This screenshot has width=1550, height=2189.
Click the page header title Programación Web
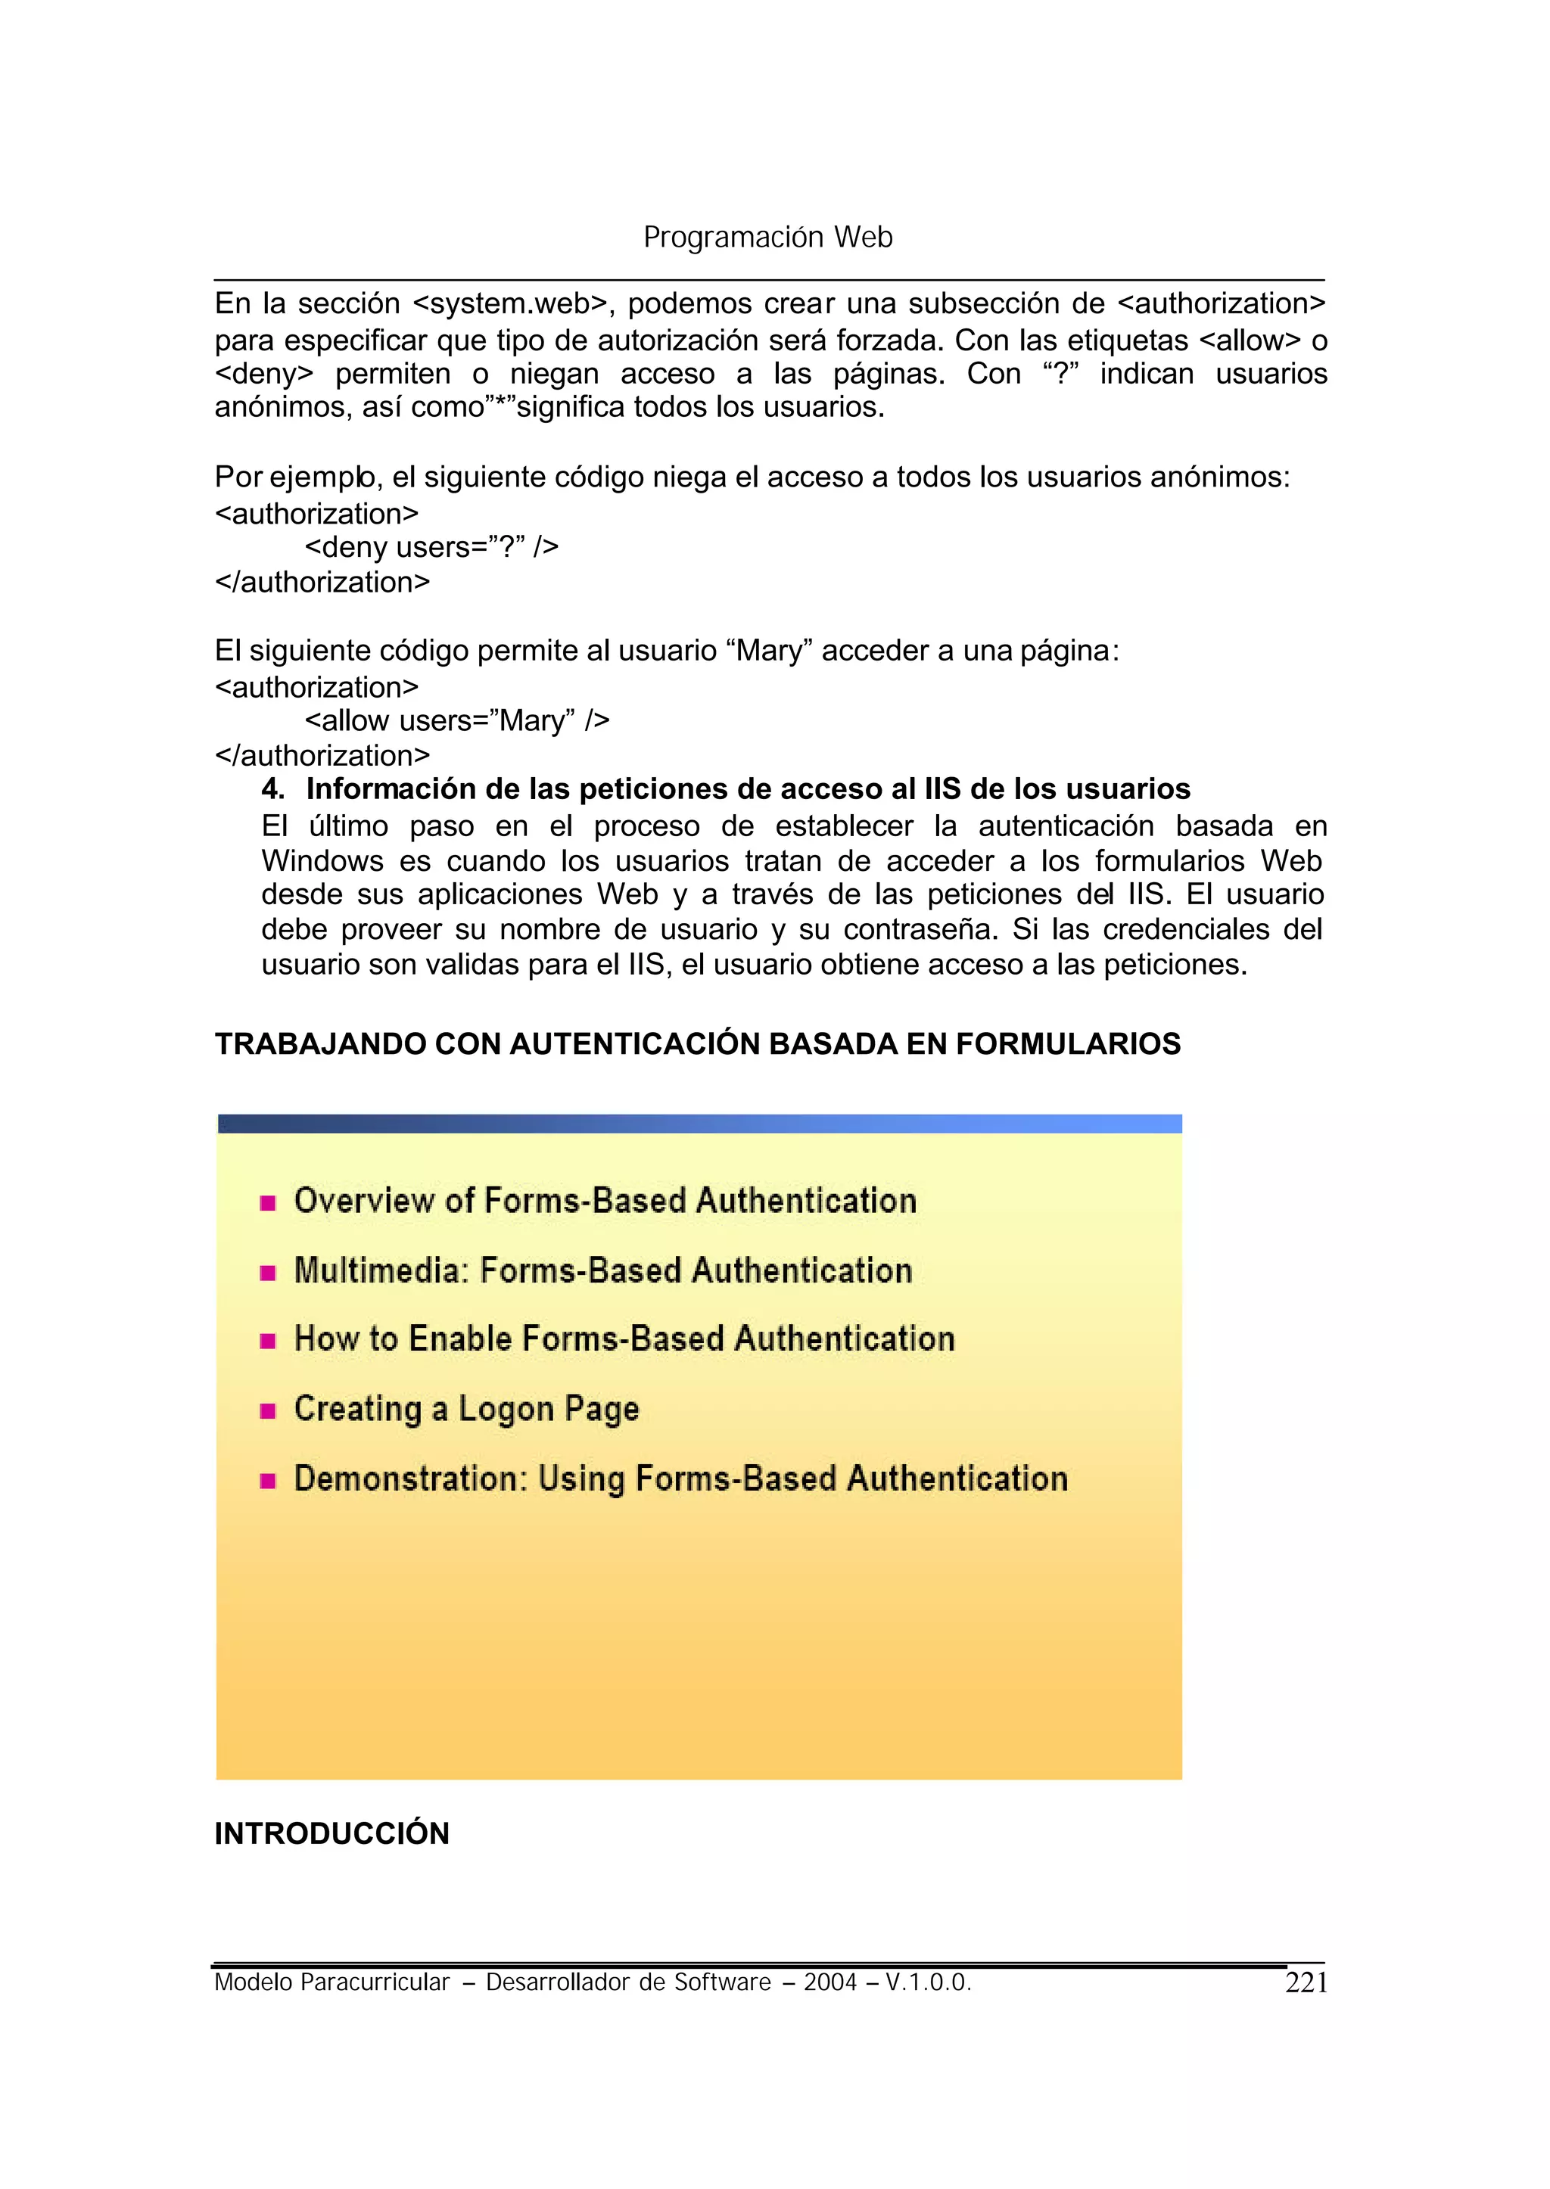coord(767,238)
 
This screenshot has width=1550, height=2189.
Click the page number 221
coord(1306,1983)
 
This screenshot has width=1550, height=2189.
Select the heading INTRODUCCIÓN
coord(331,1833)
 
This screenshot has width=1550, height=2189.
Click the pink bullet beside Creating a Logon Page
coord(268,1411)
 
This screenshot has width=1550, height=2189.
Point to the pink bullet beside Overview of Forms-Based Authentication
coord(268,1203)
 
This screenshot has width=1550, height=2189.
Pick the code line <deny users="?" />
coord(431,547)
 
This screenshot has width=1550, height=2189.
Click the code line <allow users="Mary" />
coord(456,720)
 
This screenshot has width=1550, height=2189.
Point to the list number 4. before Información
coord(273,789)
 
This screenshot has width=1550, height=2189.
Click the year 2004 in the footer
coord(829,1983)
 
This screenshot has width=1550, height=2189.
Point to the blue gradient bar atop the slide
coord(699,1124)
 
